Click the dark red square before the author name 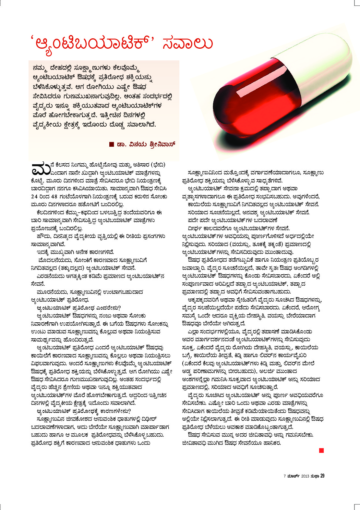(x=112, y=144)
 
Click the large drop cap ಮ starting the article (x=41, y=168)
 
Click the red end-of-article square (x=321, y=450)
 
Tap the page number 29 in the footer (x=322, y=476)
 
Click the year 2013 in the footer (x=305, y=476)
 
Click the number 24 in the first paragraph (x=34, y=196)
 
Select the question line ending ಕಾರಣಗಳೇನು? (x=84, y=411)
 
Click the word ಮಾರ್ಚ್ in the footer (x=293, y=476)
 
